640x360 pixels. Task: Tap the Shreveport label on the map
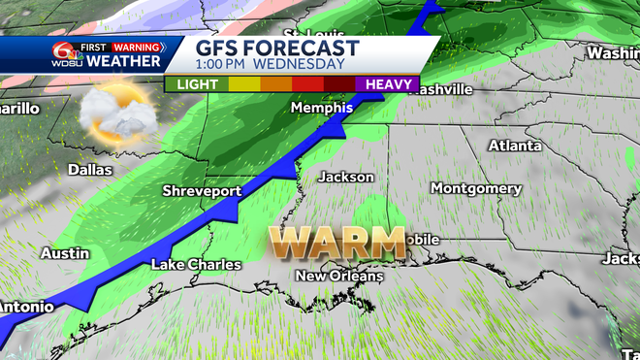coord(201,191)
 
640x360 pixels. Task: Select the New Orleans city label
coord(339,277)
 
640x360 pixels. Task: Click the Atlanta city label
coord(514,146)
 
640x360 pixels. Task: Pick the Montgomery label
coord(475,187)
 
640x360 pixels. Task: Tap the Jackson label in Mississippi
coord(346,177)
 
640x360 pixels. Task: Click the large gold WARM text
coord(336,241)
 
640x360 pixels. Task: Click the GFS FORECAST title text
coord(277,49)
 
